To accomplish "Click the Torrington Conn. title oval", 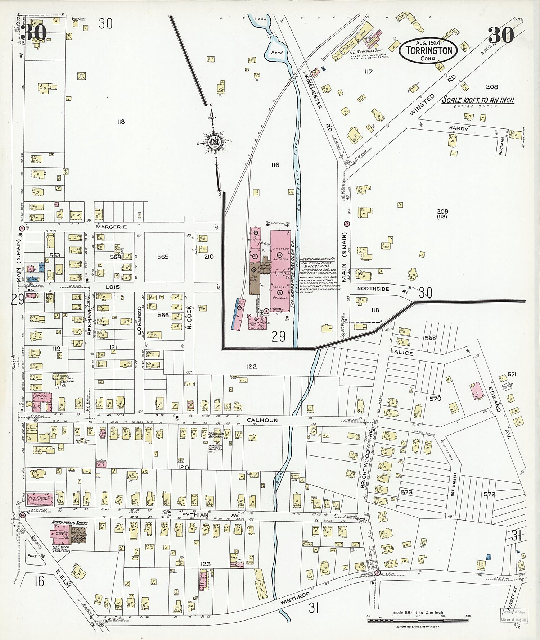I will point(428,50).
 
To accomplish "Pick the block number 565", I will point(163,257).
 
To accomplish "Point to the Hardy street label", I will point(458,128).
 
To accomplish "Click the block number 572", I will point(490,494).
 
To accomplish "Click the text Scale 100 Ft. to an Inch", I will point(478,100).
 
